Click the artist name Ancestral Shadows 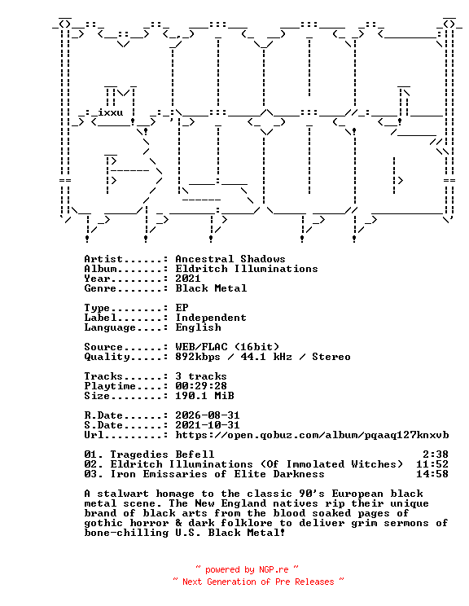pos(230,259)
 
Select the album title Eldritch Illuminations pos(247,269)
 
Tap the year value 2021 pos(188,279)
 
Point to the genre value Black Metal pos(211,288)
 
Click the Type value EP pos(182,308)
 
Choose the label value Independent pos(211,318)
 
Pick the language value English pos(198,327)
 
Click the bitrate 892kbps pos(198,357)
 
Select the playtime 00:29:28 pos(201,386)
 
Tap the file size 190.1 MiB pos(204,396)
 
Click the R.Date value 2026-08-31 pos(208,415)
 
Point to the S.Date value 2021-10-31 pos(208,425)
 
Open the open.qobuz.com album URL pos(312,435)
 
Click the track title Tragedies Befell pos(162,455)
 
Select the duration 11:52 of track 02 pos(432,464)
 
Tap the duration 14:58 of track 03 pos(432,474)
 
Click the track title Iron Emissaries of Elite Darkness pos(217,474)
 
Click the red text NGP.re pos(274,569)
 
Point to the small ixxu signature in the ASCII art pos(111,112)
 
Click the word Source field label pos(103,347)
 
